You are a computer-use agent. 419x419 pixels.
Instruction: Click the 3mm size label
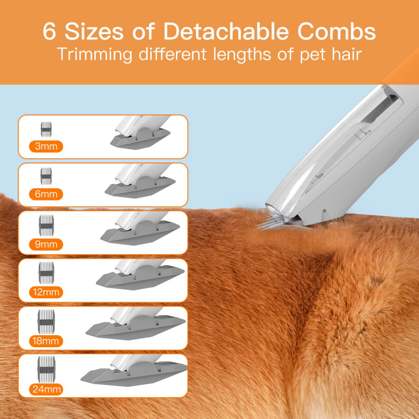[47, 147]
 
